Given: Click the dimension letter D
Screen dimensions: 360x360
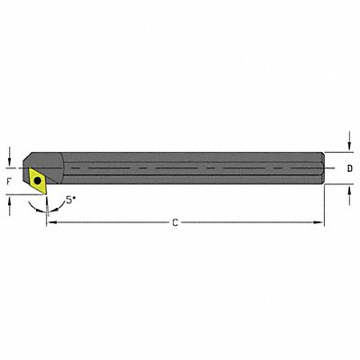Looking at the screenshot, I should pos(349,168).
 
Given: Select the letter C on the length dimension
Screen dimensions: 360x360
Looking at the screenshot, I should pos(175,220).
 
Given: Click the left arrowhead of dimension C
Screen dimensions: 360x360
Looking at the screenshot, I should pos(49,220).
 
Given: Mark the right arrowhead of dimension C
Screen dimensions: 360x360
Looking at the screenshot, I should pos(319,220).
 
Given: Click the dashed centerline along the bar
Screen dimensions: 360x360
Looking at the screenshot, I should pos(180,167).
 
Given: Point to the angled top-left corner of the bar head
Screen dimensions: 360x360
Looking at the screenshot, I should pos(33,153).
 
